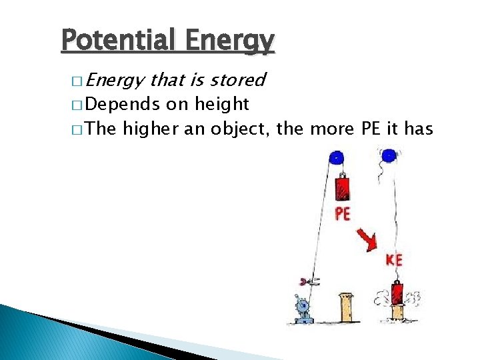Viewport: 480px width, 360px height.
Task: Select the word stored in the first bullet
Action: [x=237, y=81]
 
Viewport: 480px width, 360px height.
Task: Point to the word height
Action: [x=222, y=105]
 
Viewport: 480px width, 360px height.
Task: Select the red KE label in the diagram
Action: [x=394, y=259]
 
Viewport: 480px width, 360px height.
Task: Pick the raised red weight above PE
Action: [x=342, y=189]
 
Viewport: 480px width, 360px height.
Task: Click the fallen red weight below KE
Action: [x=397, y=294]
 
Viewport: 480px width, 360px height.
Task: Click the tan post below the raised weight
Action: [x=346, y=307]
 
